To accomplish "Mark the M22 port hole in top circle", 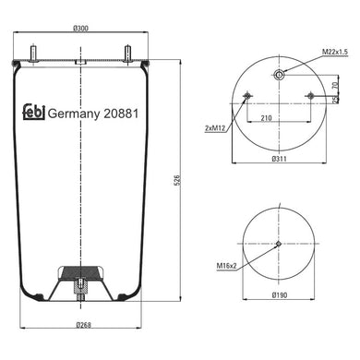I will (x=278, y=75).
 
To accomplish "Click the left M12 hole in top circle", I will (x=246, y=98).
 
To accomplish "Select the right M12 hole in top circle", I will (x=309, y=98).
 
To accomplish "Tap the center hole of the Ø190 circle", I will (x=278, y=244).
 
